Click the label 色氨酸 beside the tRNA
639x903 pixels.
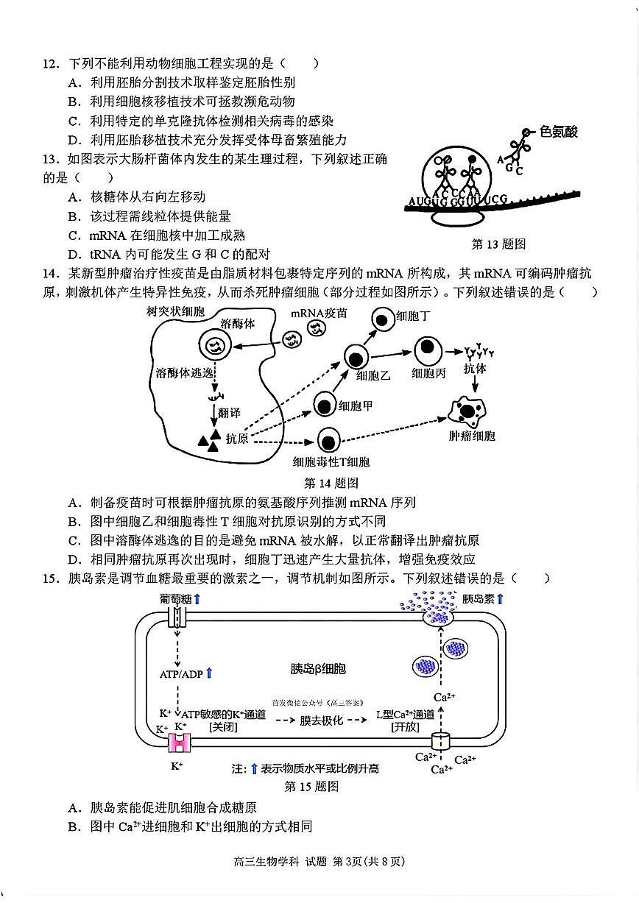[559, 132]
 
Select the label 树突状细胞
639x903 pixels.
[176, 311]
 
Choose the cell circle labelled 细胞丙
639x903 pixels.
[428, 350]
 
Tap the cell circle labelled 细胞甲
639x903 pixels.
[326, 404]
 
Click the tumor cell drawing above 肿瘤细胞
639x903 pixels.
[470, 410]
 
